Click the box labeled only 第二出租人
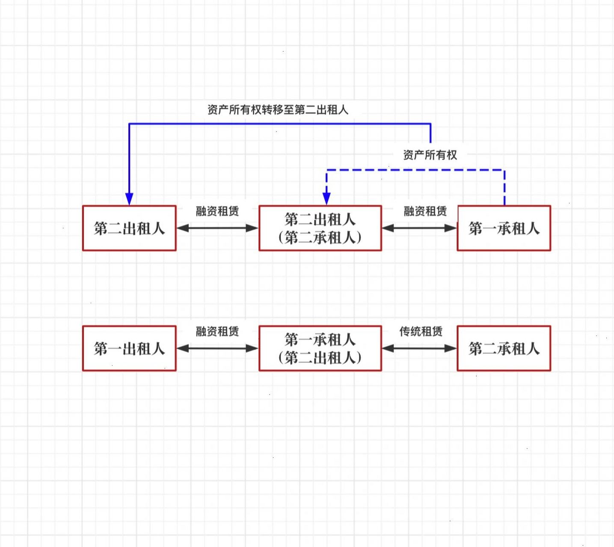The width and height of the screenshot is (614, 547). (x=129, y=228)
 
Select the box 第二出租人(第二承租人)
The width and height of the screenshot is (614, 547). (x=320, y=228)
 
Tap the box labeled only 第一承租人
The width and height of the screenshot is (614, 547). (x=504, y=228)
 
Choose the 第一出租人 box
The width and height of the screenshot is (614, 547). (x=129, y=348)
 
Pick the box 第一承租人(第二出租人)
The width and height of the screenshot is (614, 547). (x=320, y=348)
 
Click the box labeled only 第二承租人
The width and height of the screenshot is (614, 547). (x=504, y=348)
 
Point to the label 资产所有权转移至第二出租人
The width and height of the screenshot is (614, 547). (x=278, y=110)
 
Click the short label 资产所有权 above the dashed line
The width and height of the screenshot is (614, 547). (x=430, y=155)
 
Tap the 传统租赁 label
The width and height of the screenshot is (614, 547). (x=421, y=331)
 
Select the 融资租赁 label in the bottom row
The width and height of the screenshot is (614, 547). (x=217, y=331)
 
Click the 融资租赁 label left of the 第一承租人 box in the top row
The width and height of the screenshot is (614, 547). (x=425, y=211)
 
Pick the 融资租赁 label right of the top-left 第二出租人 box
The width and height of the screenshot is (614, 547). (x=217, y=211)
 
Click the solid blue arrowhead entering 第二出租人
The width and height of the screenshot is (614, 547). (x=129, y=199)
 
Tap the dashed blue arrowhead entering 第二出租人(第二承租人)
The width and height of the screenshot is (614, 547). (x=326, y=198)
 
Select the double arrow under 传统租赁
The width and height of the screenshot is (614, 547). (x=419, y=348)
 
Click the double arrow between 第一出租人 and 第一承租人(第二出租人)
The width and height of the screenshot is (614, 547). (x=217, y=348)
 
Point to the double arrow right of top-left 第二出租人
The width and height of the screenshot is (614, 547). (x=217, y=228)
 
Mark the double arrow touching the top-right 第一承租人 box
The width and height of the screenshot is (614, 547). (x=419, y=228)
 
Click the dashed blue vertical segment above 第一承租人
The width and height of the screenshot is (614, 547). (x=504, y=188)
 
